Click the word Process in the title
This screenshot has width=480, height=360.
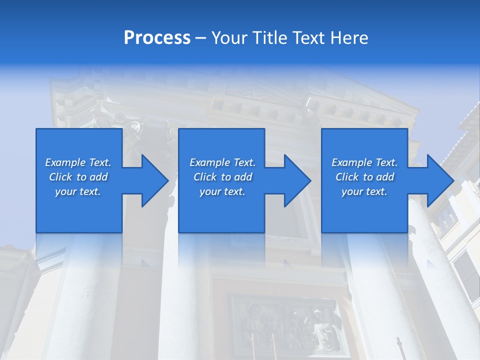tap(157, 38)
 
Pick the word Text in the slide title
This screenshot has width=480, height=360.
tap(307, 38)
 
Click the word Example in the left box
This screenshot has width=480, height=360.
tap(65, 162)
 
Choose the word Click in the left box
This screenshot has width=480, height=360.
tap(61, 177)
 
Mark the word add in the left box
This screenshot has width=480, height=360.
tap(98, 177)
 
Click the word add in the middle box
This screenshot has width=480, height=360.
tap(243, 177)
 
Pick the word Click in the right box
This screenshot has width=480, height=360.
tap(347, 177)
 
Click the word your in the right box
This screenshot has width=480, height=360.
tap(352, 191)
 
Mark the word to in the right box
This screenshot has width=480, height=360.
tap(368, 177)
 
